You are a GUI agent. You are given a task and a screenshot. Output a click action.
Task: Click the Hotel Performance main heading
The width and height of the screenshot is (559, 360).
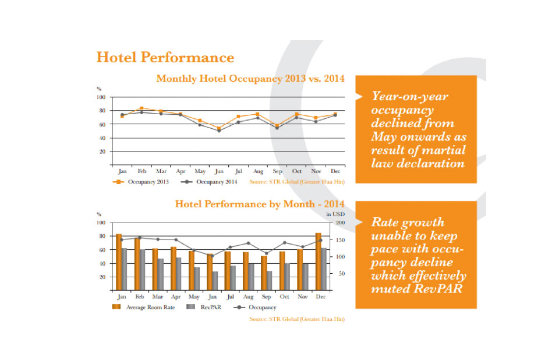165,58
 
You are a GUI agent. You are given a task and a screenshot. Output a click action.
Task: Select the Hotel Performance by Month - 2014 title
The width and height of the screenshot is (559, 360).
260,204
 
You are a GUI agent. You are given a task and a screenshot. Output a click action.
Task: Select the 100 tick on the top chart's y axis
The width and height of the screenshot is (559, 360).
101,97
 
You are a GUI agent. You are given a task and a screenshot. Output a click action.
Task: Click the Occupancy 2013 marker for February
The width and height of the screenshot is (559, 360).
141,108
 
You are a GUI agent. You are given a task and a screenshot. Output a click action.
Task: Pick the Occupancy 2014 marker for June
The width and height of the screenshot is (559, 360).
219,130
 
